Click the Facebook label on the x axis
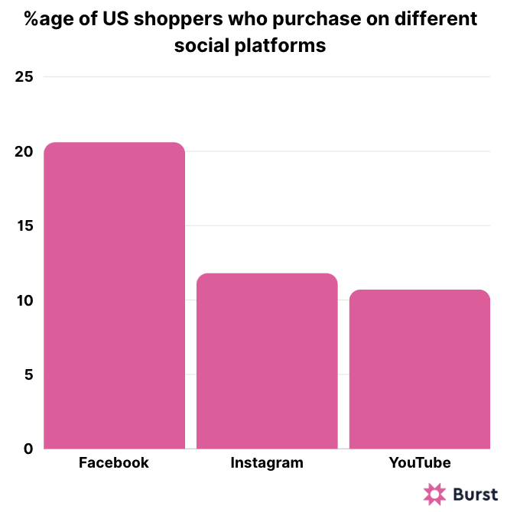(x=114, y=463)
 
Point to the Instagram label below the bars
(x=267, y=463)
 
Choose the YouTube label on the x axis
(x=420, y=463)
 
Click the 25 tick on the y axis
(x=24, y=77)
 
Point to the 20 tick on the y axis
(x=24, y=151)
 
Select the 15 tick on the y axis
(x=24, y=226)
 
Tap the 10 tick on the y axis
(x=24, y=300)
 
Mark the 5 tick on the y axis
(x=28, y=374)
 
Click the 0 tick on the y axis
(x=28, y=449)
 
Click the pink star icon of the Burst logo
(x=435, y=494)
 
